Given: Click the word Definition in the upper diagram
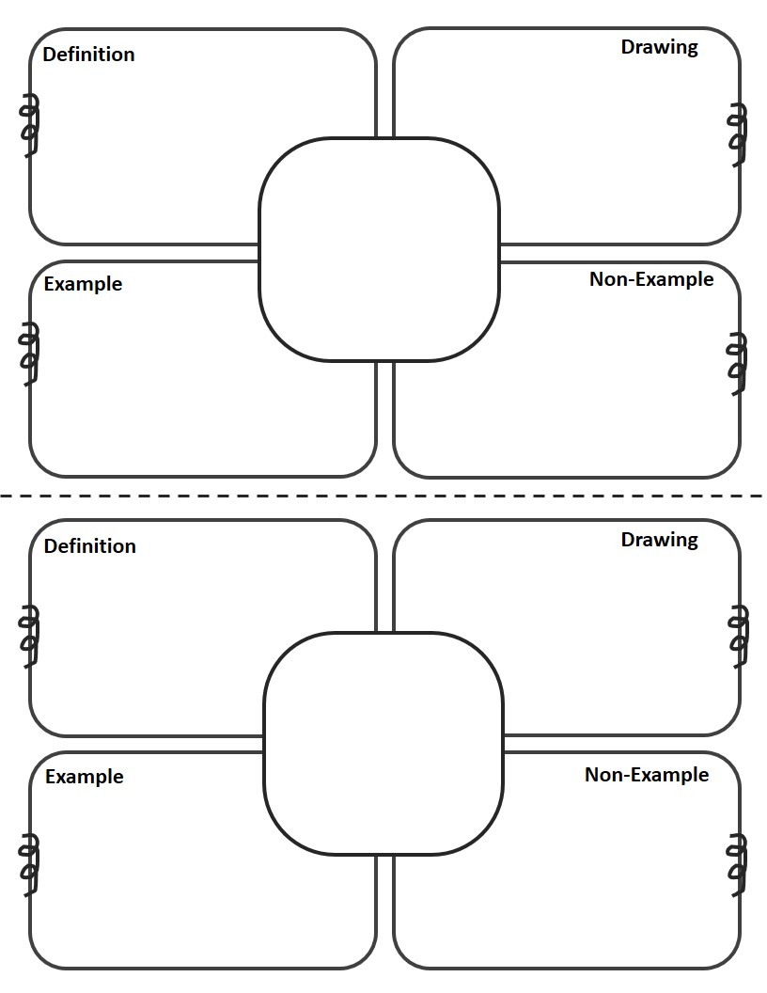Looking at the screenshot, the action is coord(88,55).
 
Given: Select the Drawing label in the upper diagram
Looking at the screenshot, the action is coord(660,48).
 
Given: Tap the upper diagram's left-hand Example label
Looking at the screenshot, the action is coord(83,284).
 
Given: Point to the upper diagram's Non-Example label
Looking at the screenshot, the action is coord(651,279).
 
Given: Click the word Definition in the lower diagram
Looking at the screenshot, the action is coord(90,546).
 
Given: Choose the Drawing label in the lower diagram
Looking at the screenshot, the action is coord(660,540).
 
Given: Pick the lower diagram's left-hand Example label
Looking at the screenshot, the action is coord(85,777).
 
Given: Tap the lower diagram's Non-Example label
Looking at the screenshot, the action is coord(646,775).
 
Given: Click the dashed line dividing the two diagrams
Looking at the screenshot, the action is coord(382,496).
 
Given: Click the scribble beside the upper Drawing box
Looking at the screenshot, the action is coord(738,134).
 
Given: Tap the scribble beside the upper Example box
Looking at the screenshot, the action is coord(28,354).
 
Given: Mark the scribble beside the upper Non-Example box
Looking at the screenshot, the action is coord(737,364).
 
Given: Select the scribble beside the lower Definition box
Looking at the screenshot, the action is coord(28,636).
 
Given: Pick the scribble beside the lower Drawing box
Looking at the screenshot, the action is coord(738,636).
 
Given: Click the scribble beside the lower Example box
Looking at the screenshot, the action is coord(28,865).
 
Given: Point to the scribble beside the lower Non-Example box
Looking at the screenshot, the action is coord(738,865).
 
